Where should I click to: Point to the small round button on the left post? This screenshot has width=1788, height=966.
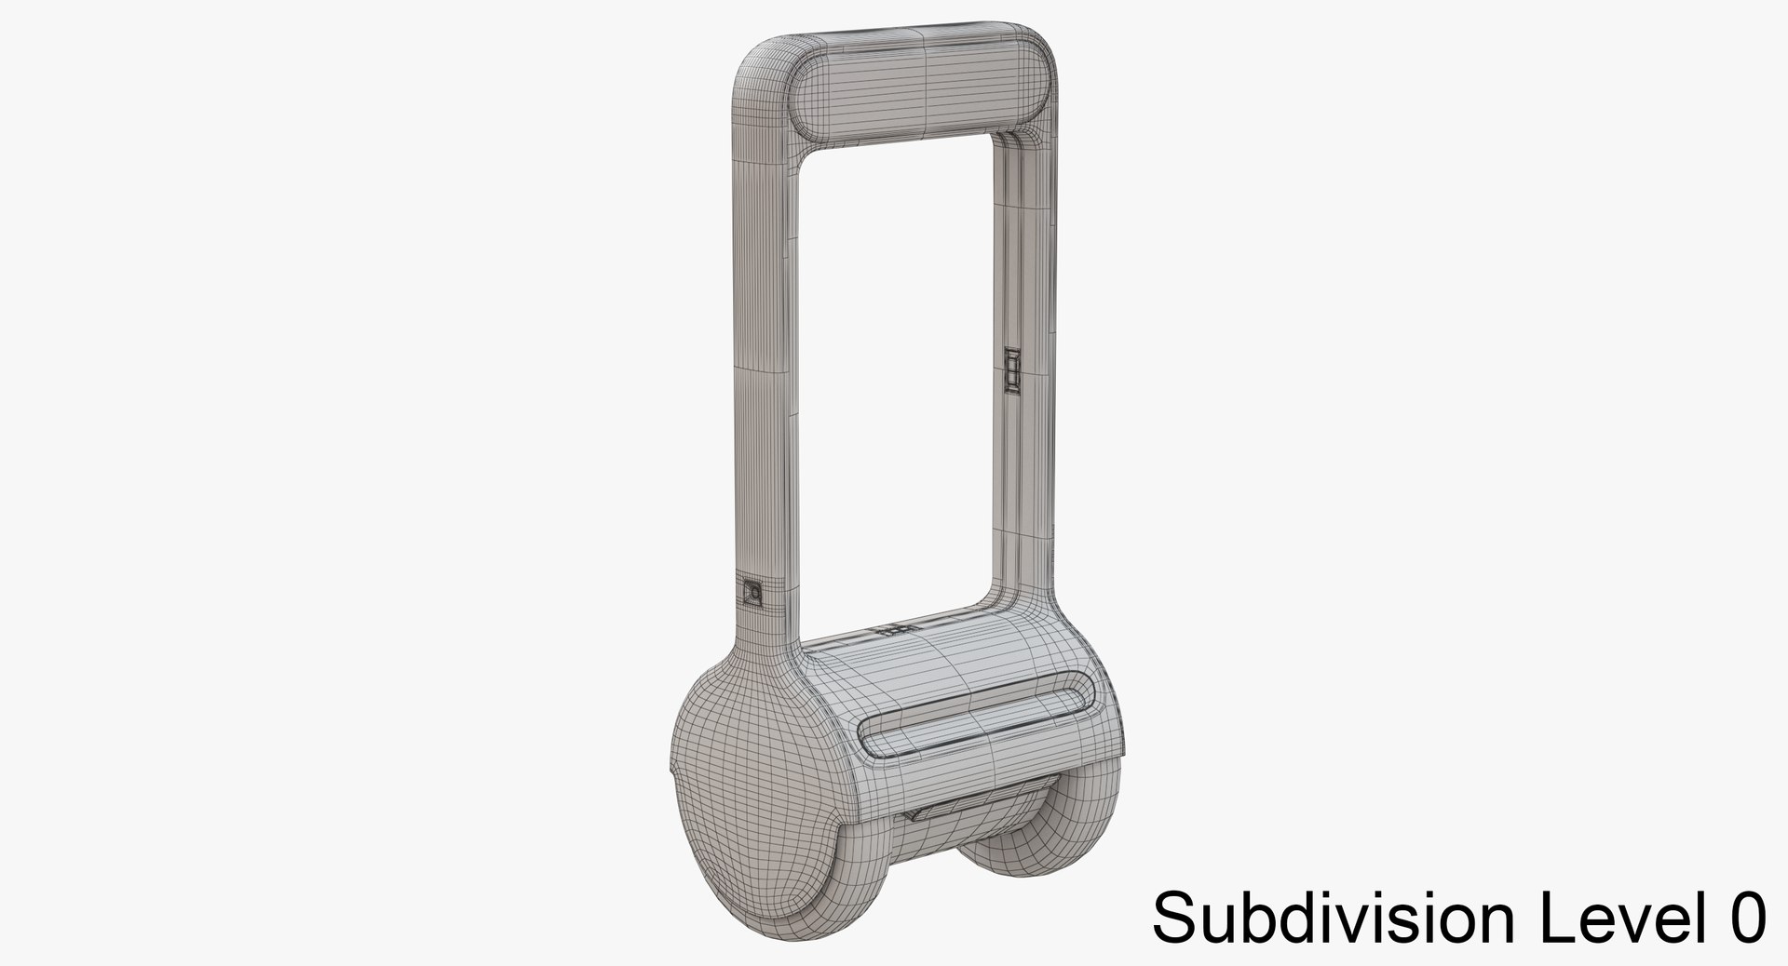pyautogui.click(x=752, y=592)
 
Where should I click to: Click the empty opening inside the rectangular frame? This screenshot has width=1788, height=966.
pyautogui.click(x=899, y=372)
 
